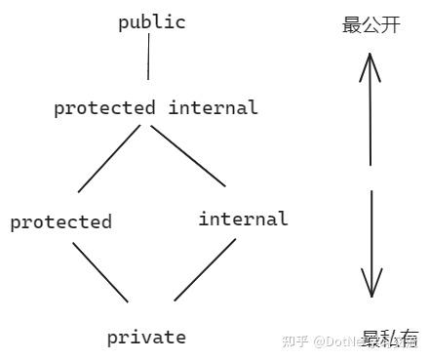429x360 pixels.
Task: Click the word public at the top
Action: (x=152, y=22)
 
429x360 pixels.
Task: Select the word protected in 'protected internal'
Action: (x=104, y=107)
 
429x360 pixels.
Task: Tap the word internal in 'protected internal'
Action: (x=213, y=107)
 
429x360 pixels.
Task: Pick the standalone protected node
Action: (x=60, y=221)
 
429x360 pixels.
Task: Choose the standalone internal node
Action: (x=243, y=219)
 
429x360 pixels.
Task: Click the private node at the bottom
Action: (x=146, y=338)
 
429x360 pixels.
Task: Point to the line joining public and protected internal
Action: (x=149, y=60)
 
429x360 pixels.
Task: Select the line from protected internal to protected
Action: (x=111, y=158)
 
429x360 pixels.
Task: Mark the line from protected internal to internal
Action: (x=187, y=155)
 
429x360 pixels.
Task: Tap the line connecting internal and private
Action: (x=205, y=269)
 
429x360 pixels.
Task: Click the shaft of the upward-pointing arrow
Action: (x=370, y=117)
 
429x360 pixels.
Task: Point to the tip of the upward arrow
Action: (x=369, y=54)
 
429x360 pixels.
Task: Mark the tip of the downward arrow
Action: (x=370, y=295)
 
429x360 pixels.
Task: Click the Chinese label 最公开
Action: (x=370, y=25)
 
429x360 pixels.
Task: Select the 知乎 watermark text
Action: (x=294, y=341)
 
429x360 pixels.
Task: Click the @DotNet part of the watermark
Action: (x=336, y=341)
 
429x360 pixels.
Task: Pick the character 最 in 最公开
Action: (x=352, y=25)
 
